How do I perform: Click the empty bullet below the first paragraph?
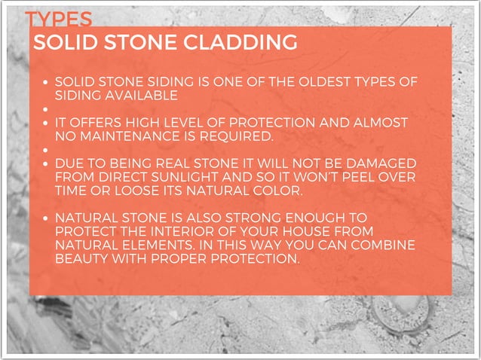(47, 109)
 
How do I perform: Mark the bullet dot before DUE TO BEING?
(47, 163)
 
